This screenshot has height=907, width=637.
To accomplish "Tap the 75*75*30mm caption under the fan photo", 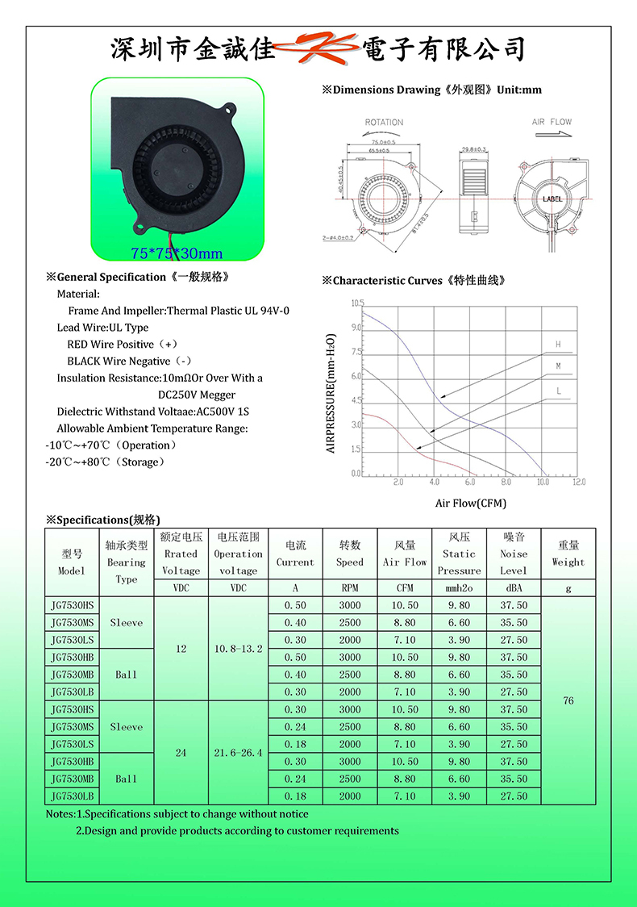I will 176,254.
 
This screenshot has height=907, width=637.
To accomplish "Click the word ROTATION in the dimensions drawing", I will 384,123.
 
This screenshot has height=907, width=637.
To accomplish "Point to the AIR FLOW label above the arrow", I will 552,123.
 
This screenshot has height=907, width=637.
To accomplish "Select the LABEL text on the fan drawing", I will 552,199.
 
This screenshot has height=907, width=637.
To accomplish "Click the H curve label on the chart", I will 557,345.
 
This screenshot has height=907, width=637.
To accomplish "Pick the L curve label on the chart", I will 557,391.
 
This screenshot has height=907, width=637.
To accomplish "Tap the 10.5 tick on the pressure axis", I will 357,303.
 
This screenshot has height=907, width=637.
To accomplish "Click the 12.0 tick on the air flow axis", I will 579,483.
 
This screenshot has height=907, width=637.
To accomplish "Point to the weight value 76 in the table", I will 568,700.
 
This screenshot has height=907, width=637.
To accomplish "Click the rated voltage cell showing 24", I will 181,753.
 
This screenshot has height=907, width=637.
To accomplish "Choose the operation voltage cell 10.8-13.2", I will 238,649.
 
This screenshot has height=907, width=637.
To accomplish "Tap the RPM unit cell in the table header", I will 350,589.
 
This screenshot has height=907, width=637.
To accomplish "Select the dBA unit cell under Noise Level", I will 514,589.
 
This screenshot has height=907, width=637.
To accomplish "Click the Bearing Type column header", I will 127,562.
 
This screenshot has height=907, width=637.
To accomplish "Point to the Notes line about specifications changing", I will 177,814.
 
